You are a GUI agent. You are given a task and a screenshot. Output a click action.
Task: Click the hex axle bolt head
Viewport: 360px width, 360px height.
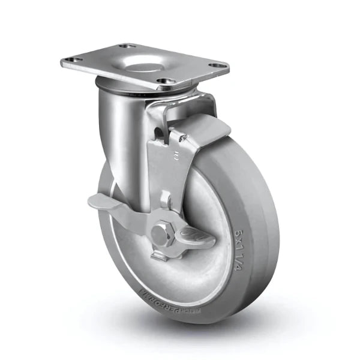tap(162, 234)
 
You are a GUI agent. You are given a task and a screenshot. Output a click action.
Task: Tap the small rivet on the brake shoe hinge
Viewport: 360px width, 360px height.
tap(184, 139)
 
